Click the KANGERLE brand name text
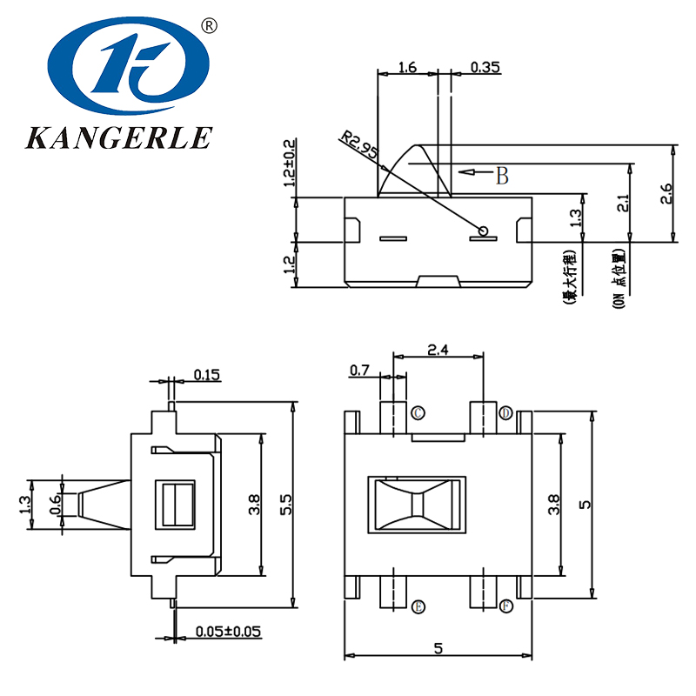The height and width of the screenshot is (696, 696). pos(118,137)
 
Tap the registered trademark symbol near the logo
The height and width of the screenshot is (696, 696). pos(209,26)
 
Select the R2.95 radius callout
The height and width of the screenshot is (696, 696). pos(358,144)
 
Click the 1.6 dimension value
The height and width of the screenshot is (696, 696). pos(407,66)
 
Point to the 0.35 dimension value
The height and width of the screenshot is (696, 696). pos(485,66)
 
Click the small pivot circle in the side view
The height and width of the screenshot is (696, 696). pos(485,231)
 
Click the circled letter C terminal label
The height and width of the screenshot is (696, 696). pos(418,412)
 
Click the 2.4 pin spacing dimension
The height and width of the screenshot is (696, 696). pos(438,350)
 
